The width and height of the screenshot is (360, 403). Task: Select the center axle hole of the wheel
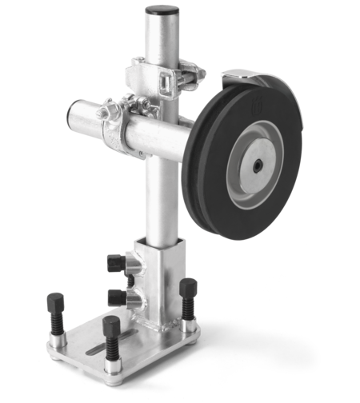261,167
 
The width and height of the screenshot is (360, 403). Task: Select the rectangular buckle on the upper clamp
166,80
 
